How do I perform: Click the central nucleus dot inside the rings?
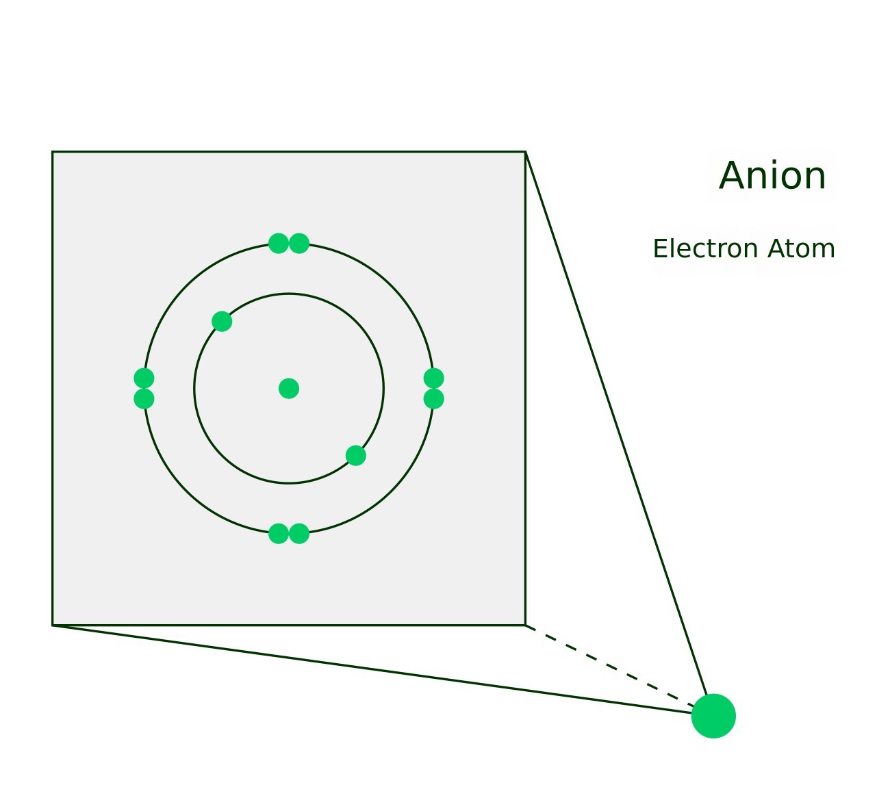[289, 389]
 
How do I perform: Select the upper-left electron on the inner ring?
[222, 322]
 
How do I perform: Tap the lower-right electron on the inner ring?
[356, 456]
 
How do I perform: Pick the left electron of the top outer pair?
[279, 243]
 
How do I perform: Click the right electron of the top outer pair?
[299, 243]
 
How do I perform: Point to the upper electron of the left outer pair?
[144, 378]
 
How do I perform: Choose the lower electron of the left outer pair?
[144, 399]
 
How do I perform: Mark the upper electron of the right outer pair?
[434, 378]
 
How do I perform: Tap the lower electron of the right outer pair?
[434, 399]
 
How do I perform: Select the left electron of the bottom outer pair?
[279, 534]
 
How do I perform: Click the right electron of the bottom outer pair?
[299, 534]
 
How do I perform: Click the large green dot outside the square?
[713, 716]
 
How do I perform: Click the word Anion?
[772, 177]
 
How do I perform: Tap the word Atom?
[802, 249]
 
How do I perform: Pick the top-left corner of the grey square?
[53, 152]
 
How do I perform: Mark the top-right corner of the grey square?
[525, 152]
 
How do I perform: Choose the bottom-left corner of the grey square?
[53, 625]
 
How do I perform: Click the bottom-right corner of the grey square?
[525, 625]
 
